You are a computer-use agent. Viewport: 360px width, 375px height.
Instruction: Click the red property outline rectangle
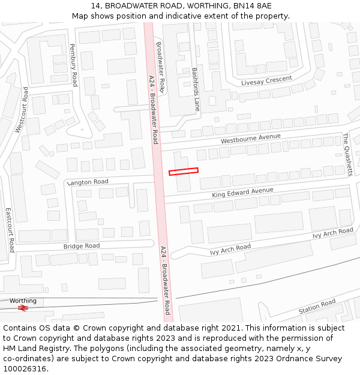click(184, 172)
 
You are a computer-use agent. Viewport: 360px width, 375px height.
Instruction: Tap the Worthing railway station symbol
click(23, 308)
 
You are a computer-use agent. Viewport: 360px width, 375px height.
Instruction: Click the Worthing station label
click(23, 301)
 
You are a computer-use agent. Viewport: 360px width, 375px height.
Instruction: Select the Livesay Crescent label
click(266, 80)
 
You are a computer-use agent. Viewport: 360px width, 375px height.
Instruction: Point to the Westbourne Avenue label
click(250, 139)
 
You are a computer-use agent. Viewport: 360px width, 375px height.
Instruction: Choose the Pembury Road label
click(73, 65)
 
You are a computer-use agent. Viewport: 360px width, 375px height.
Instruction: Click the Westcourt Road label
click(22, 110)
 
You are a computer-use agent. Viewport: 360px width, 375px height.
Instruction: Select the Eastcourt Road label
click(10, 230)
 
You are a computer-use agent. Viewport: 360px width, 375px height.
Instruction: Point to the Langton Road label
click(88, 182)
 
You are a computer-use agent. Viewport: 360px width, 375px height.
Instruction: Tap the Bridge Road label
click(82, 246)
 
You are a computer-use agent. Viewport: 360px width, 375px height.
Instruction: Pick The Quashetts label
click(348, 154)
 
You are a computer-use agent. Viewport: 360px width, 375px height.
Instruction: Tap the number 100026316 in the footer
click(25, 368)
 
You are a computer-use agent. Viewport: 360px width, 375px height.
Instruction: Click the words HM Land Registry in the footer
click(32, 348)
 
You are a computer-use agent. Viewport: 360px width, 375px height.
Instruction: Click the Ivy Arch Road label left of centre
click(230, 248)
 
